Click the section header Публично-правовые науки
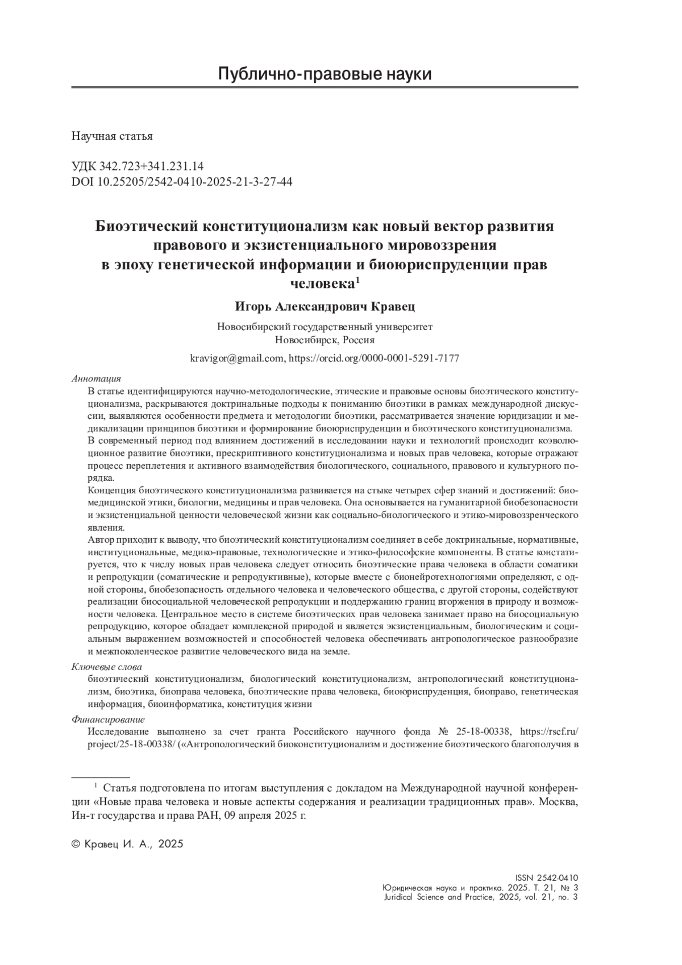(325, 74)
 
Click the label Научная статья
(112, 136)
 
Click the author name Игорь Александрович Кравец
(325, 307)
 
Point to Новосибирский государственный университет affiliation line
(325, 327)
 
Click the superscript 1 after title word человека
(357, 280)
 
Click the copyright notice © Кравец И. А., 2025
(127, 844)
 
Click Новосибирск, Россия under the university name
(325, 340)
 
